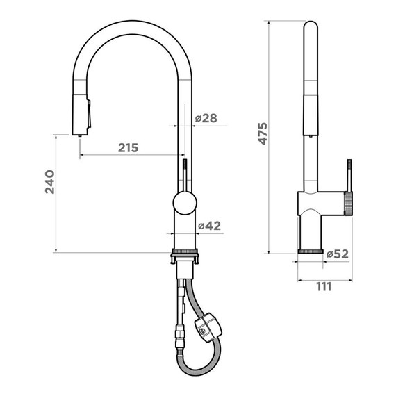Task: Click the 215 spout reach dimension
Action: click(128, 147)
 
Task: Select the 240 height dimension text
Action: click(49, 182)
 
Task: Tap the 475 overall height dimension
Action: click(262, 133)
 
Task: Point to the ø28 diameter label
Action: click(206, 118)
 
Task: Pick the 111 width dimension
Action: click(324, 286)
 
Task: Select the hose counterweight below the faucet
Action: click(208, 327)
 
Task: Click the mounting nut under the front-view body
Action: click(185, 256)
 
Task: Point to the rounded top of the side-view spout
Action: click(311, 28)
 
